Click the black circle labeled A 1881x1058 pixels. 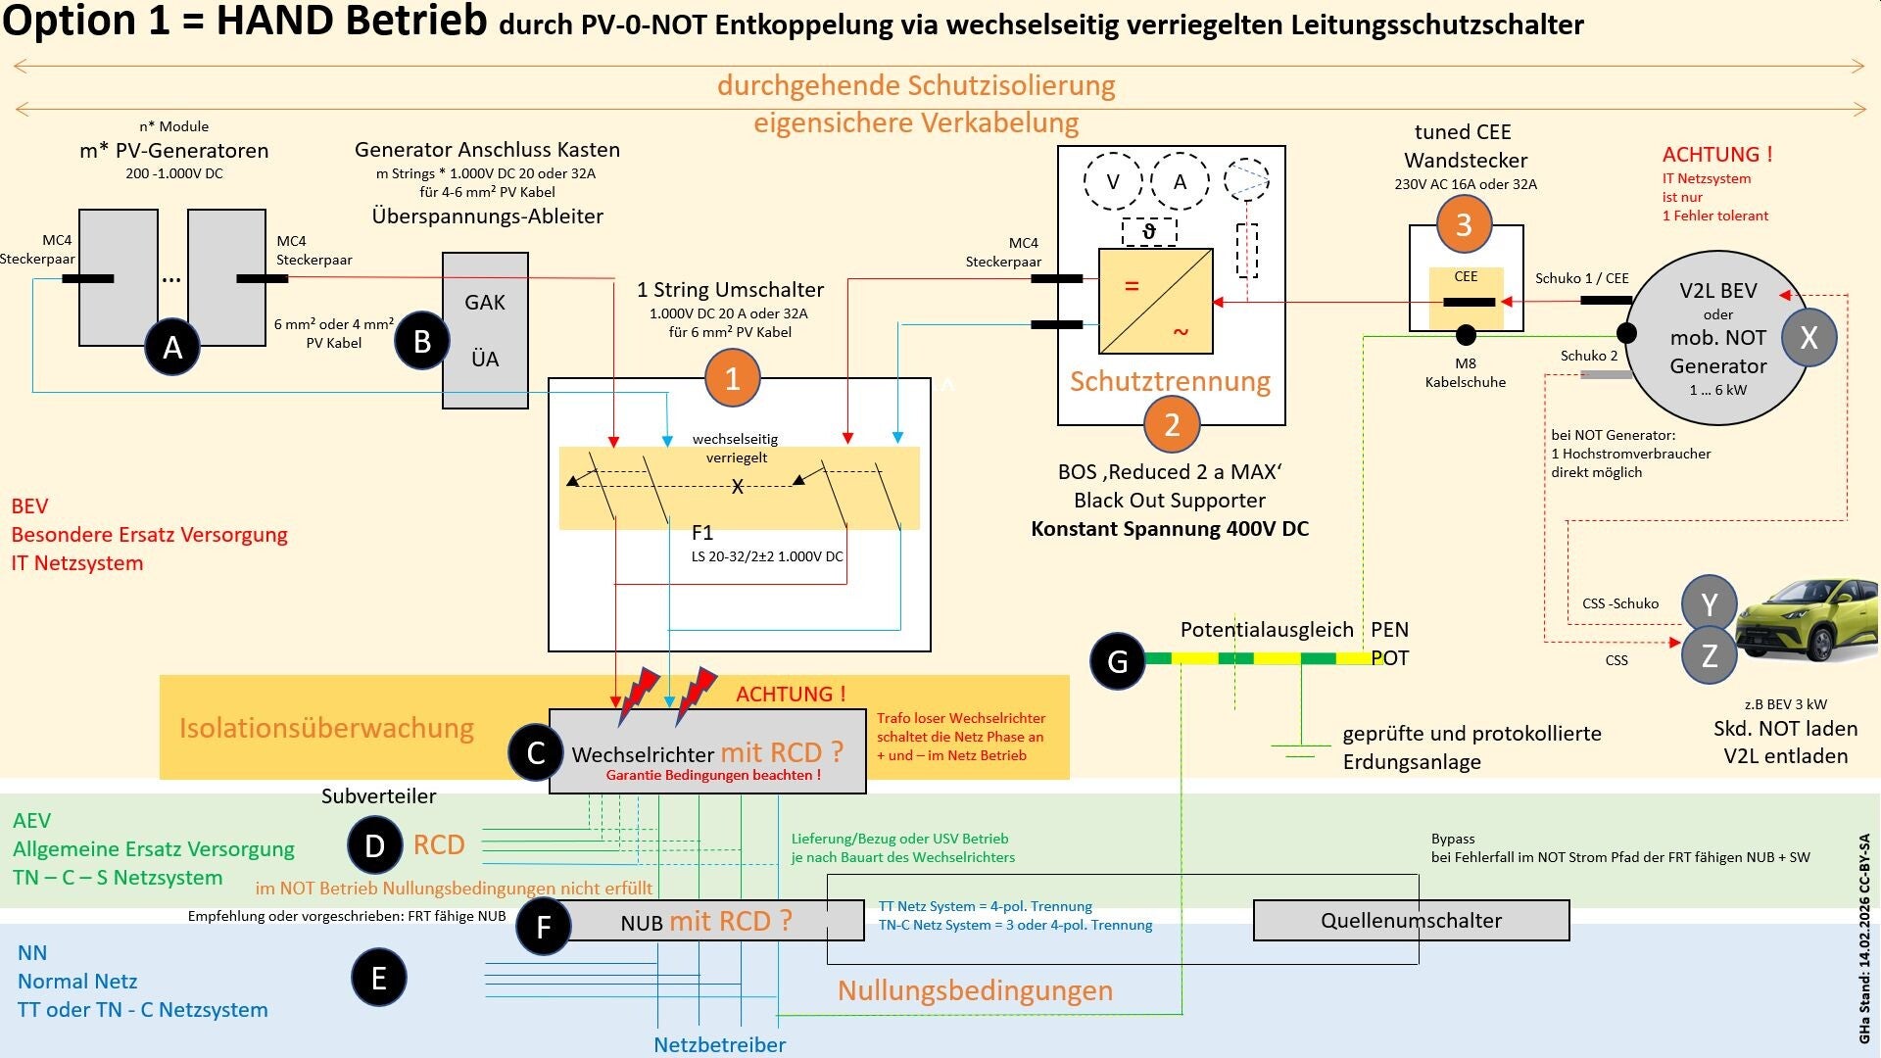(172, 346)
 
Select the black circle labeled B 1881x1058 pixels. (422, 341)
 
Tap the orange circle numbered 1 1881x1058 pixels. (732, 378)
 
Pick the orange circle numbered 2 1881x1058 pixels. (1172, 424)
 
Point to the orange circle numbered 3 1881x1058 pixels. (1464, 224)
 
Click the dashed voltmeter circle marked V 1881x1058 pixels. (1113, 181)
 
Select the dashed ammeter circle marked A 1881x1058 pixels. (1180, 181)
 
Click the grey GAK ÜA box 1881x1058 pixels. (485, 330)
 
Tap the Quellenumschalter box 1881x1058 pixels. (1411, 920)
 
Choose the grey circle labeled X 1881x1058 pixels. (1809, 337)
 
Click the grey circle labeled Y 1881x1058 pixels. (1710, 604)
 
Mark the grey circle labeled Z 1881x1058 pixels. (1710, 655)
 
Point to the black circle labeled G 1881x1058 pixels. (1118, 661)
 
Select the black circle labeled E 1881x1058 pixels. (379, 978)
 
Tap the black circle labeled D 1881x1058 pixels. (374, 845)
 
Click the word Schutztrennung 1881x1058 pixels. (1170, 381)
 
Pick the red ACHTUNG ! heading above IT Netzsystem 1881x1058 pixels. (1717, 154)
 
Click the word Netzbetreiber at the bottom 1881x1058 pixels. (719, 1044)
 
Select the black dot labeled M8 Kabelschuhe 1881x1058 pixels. (1466, 336)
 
